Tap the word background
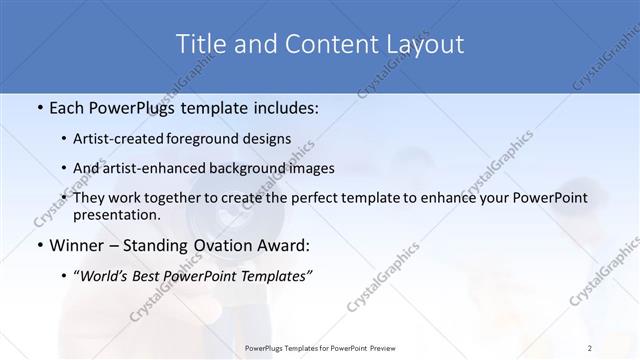point(235,168)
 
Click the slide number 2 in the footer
point(589,347)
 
